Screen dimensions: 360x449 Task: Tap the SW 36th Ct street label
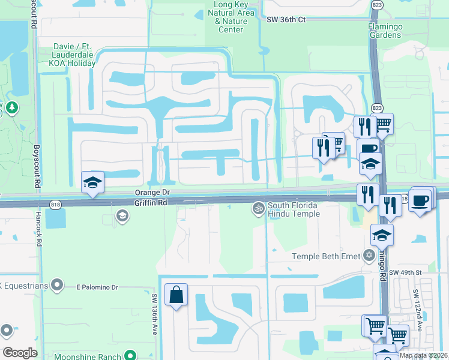pyautogui.click(x=286, y=20)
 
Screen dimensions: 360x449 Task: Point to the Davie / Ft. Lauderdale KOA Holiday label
pyautogui.click(x=67, y=54)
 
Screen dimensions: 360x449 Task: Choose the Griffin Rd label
pyautogui.click(x=150, y=203)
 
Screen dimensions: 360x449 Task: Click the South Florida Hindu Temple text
pyautogui.click(x=294, y=209)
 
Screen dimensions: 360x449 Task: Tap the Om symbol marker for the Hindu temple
pyautogui.click(x=259, y=208)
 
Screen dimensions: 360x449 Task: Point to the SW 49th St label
pyautogui.click(x=402, y=273)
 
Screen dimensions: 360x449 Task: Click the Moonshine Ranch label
pyautogui.click(x=84, y=356)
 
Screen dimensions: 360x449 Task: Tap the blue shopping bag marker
pyautogui.click(x=176, y=295)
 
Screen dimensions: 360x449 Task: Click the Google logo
pyautogui.click(x=20, y=352)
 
